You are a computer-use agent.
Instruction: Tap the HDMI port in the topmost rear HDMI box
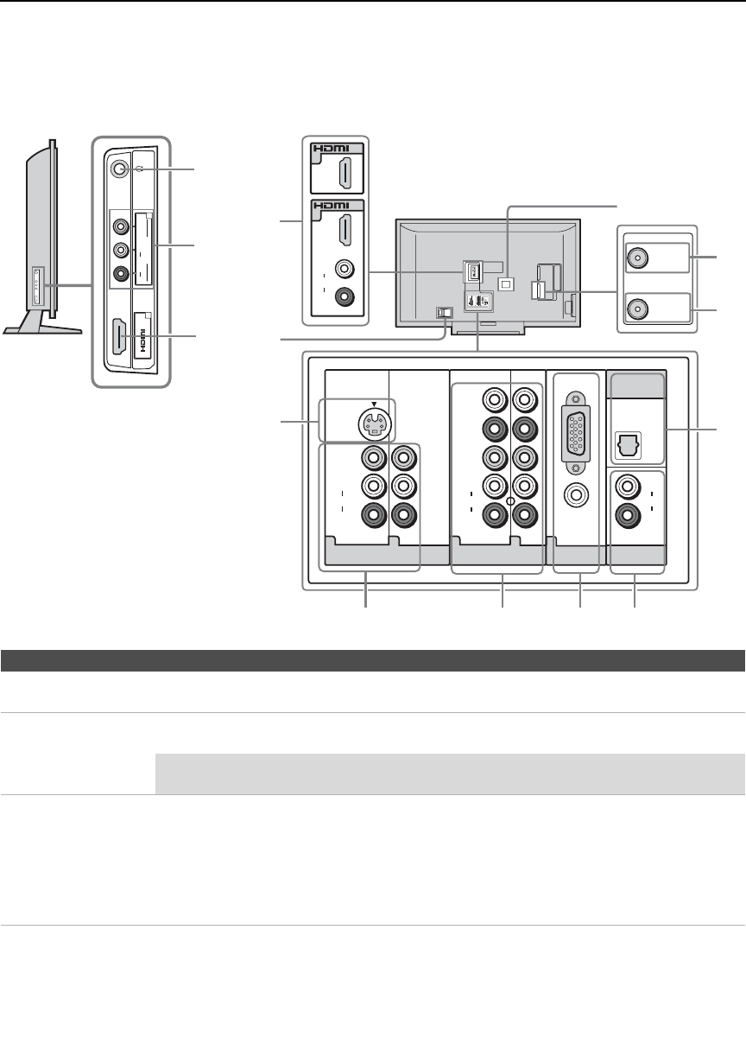click(345, 175)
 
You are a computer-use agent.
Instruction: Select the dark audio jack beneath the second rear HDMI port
click(345, 296)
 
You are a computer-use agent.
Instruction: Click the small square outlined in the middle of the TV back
click(506, 283)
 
